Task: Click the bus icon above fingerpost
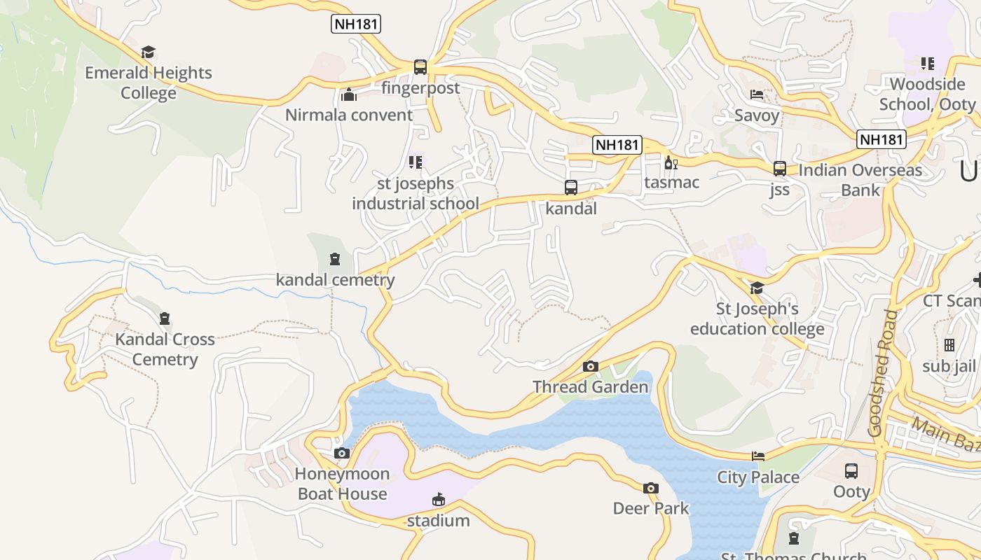point(420,67)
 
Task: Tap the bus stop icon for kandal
point(571,188)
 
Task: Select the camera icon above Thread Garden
point(591,366)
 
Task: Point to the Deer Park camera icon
point(651,488)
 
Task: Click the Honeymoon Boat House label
point(342,484)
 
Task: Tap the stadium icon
point(439,500)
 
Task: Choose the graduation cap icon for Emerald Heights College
point(148,52)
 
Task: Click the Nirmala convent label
point(349,115)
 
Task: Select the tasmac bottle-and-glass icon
point(671,162)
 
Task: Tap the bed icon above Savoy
point(757,94)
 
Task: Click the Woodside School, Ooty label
point(927,94)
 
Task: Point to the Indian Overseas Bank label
point(860,180)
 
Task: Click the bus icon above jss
point(780,169)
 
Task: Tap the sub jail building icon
point(949,345)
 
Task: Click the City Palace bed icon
point(758,456)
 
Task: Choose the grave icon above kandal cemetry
point(335,260)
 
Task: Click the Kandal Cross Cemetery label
point(165,349)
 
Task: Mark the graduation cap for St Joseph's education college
point(757,288)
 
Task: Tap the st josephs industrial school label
point(416,193)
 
